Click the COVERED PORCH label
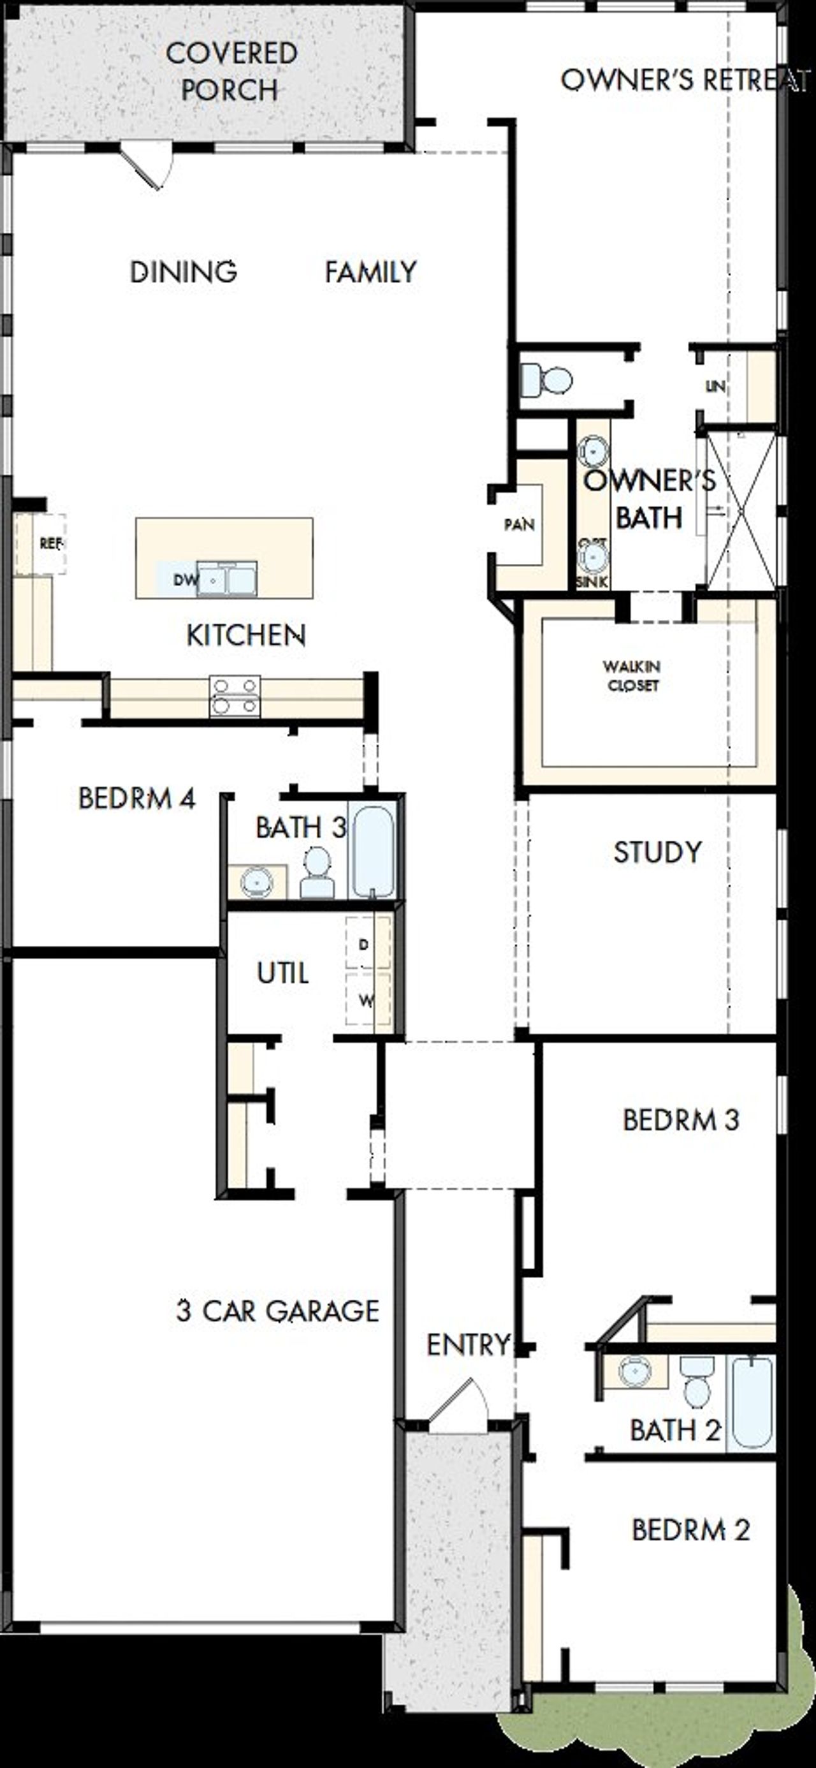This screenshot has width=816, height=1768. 231,71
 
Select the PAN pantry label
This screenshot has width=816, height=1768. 519,525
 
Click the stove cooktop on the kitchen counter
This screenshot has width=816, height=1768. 235,696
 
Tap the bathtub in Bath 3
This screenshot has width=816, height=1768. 372,851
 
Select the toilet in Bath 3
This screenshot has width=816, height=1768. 317,873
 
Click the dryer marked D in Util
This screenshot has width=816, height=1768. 366,945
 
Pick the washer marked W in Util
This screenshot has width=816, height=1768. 367,1000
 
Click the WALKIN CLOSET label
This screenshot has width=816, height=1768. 632,676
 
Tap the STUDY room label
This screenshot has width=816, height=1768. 657,852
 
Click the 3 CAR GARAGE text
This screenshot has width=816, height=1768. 277,1311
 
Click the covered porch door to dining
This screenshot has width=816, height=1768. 147,165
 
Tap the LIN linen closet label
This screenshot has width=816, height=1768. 715,387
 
